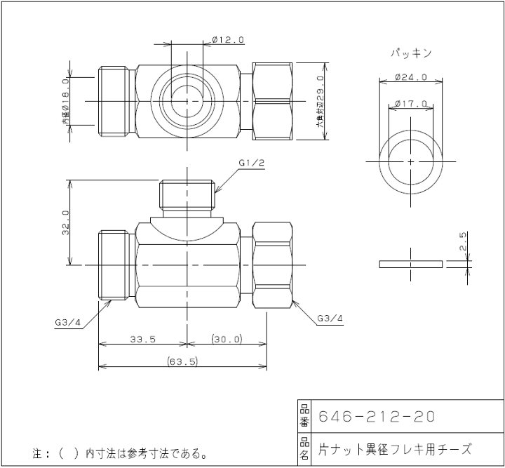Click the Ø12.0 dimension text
227,41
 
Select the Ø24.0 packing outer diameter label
411,76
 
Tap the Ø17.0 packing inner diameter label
411,104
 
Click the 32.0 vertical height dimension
65,222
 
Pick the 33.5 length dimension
142,339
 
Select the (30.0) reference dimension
226,339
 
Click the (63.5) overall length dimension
184,361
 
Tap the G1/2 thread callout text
251,163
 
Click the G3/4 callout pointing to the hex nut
330,318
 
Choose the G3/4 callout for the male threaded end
68,323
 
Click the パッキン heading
410,53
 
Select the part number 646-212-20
377,416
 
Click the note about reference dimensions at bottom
120,453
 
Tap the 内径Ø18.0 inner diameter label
65,102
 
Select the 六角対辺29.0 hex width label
320,102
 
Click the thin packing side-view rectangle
410,264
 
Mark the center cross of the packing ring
410,161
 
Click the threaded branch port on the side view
187,196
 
